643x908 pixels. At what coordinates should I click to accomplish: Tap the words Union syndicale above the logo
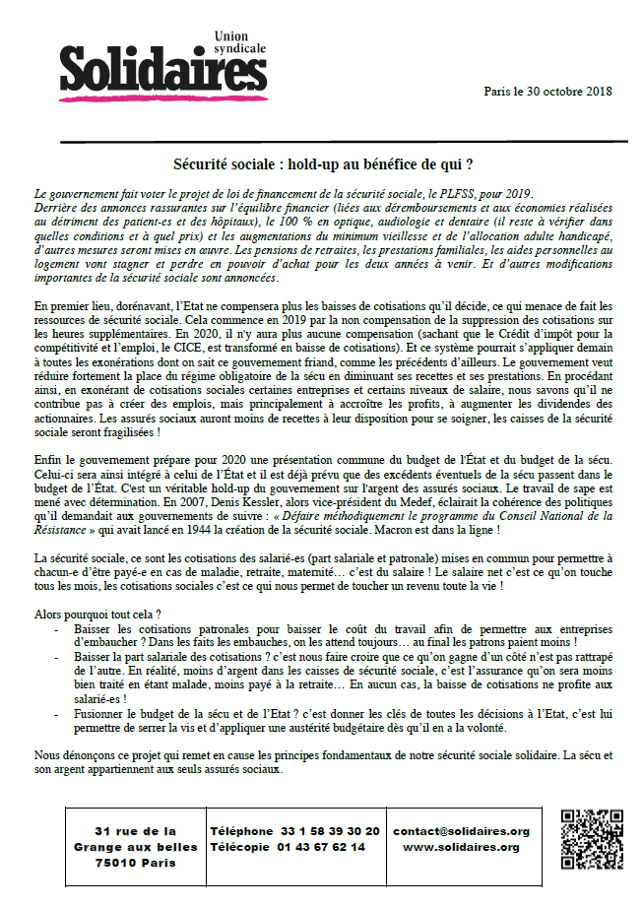tap(240, 42)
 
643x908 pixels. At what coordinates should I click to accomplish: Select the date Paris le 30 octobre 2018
tap(548, 91)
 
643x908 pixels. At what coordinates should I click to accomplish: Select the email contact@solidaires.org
tap(460, 831)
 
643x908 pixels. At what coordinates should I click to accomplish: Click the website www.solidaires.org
tap(460, 847)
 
